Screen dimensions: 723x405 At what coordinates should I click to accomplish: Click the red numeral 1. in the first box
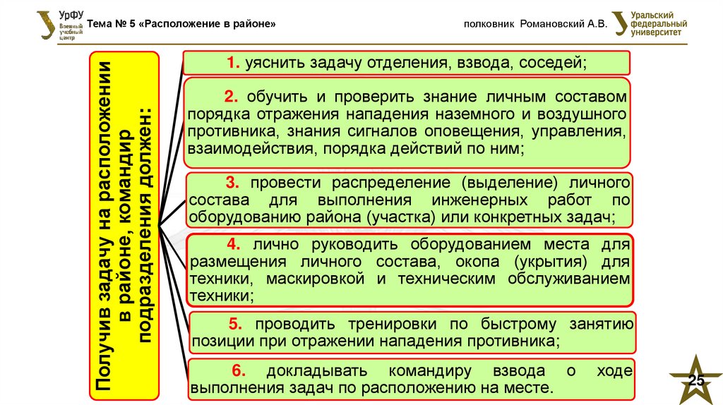pyautogui.click(x=232, y=63)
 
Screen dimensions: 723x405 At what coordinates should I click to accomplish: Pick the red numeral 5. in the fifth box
pyautogui.click(x=236, y=325)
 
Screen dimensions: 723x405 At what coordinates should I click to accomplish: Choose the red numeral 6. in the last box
pyautogui.click(x=238, y=371)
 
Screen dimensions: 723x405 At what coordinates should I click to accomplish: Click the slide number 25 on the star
pyautogui.click(x=696, y=382)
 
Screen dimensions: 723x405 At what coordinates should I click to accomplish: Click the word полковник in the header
pyautogui.click(x=488, y=24)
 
